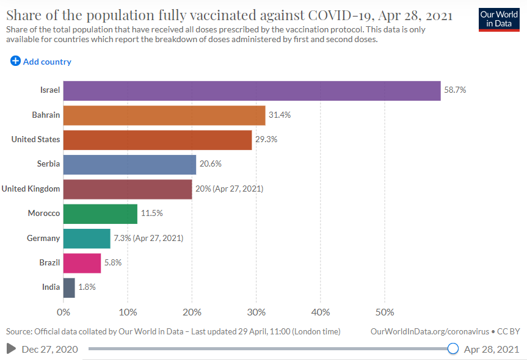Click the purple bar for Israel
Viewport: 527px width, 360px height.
tap(252, 90)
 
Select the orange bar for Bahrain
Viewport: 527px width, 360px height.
tap(164, 115)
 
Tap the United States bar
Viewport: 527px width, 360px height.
tap(158, 140)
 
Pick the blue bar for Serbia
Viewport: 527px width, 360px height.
tap(129, 164)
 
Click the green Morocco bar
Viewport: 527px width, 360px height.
tap(100, 214)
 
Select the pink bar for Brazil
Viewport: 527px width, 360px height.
tap(82, 263)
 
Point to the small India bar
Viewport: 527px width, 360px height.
tap(69, 287)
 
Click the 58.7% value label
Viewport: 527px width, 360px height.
tap(455, 90)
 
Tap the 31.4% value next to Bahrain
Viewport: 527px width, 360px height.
tap(280, 115)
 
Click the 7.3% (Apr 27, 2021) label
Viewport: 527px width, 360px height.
tap(148, 238)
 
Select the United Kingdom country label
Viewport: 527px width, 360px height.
tap(31, 189)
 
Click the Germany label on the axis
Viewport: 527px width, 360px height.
tap(43, 238)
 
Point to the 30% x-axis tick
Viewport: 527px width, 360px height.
tap(256, 312)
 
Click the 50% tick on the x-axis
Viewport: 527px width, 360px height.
tap(385, 312)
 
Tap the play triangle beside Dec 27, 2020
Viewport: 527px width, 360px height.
tap(11, 349)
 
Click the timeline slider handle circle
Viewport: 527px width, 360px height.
tap(453, 349)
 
